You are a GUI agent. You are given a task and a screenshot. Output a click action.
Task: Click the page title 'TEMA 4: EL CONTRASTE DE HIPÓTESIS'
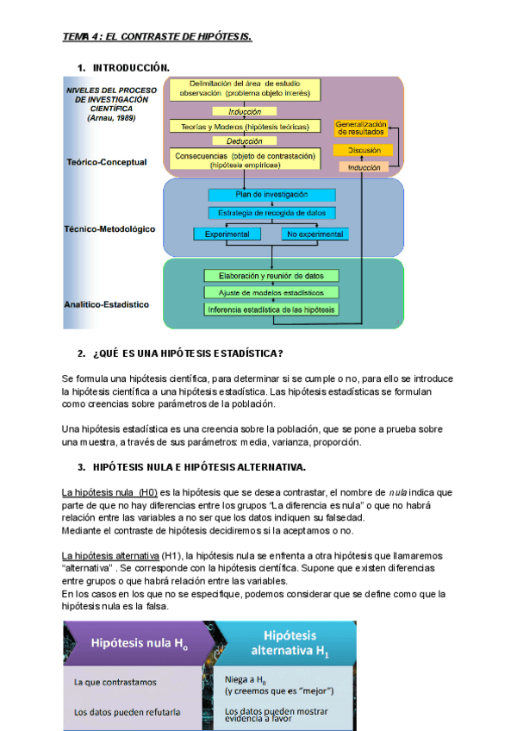click(x=157, y=36)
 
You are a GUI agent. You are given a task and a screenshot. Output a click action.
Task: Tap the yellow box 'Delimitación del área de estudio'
click(x=245, y=88)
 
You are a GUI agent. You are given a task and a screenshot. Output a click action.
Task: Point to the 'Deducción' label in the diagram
click(x=245, y=141)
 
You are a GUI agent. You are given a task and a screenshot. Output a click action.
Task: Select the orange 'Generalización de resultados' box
click(x=363, y=128)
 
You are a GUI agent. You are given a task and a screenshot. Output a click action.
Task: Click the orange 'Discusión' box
click(x=363, y=151)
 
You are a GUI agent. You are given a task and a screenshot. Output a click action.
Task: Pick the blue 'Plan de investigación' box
click(x=271, y=195)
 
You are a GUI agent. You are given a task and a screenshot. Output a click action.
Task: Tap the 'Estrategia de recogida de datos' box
click(x=271, y=212)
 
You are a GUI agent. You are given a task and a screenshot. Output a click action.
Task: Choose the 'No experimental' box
click(x=315, y=234)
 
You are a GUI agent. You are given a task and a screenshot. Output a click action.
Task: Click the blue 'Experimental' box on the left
click(x=227, y=234)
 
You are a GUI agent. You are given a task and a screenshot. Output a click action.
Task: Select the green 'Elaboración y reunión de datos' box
click(x=271, y=276)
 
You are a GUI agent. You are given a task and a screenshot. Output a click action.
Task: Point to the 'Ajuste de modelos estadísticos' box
click(x=271, y=292)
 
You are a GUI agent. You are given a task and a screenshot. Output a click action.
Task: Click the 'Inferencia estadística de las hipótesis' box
click(x=271, y=309)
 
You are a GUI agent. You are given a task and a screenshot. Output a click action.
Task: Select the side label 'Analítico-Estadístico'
click(x=106, y=304)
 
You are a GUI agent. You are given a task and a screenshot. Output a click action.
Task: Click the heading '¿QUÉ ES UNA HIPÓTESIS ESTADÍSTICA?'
click(x=188, y=353)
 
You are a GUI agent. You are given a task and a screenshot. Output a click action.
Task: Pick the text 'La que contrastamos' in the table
click(x=115, y=682)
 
